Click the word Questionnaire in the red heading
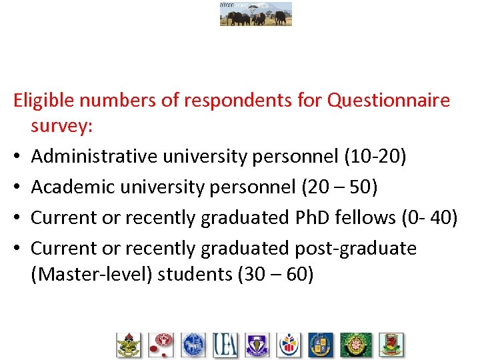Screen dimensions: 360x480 pos(389,101)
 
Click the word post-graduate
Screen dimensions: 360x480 pos(355,249)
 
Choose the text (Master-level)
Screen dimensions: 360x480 pos(92,274)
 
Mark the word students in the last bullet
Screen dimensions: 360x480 pos(195,274)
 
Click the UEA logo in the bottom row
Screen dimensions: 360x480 pos(225,345)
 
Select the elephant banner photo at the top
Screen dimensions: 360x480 pos(256,13)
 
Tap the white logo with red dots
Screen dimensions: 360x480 pos(161,345)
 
